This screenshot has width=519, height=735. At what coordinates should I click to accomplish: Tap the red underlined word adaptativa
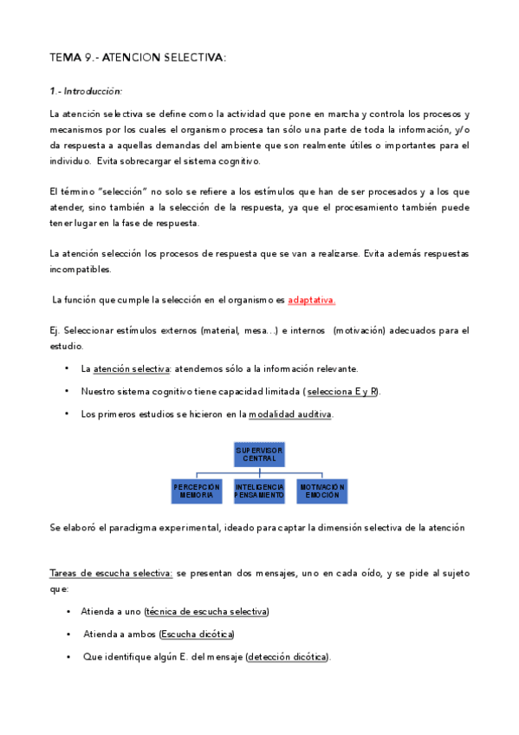click(x=312, y=300)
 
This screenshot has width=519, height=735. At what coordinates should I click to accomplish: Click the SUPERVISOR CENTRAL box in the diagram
click(x=259, y=453)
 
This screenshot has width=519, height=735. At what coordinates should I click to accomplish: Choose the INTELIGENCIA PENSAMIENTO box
click(x=259, y=491)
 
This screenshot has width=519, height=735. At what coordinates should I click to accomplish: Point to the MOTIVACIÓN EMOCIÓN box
click(x=321, y=491)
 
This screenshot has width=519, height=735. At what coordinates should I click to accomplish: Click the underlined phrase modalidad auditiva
click(x=289, y=414)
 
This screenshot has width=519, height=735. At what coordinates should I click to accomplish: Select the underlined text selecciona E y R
click(x=342, y=391)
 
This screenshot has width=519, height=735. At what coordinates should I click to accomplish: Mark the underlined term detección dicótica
click(x=288, y=657)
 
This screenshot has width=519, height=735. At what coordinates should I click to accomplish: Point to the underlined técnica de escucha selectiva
click(x=207, y=612)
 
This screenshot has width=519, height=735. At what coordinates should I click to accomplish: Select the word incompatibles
click(x=80, y=269)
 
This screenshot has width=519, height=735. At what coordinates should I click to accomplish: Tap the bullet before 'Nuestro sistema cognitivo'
click(x=67, y=392)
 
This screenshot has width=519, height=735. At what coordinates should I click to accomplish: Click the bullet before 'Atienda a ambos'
click(x=68, y=634)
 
